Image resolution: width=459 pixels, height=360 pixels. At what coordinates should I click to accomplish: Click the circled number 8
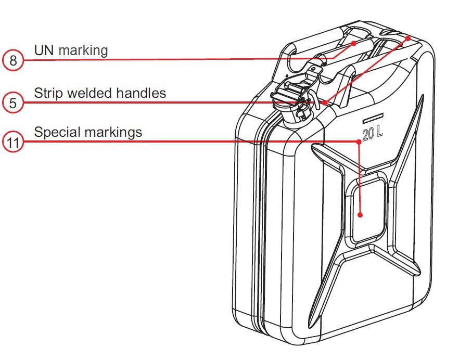pyautogui.click(x=13, y=61)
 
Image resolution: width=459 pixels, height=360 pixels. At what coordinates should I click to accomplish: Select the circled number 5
pyautogui.click(x=13, y=102)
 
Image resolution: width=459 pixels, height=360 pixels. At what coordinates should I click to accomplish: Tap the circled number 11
pyautogui.click(x=13, y=142)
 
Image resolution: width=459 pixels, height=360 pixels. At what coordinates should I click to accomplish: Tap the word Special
pyautogui.click(x=55, y=133)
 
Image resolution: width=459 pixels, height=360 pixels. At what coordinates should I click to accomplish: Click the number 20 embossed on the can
pyautogui.click(x=368, y=133)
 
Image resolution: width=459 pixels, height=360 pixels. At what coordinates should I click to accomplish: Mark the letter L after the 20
pyautogui.click(x=380, y=133)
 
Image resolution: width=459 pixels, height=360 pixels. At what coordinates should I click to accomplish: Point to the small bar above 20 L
pyautogui.click(x=373, y=115)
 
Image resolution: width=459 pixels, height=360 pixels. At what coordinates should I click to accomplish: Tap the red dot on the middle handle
pyautogui.click(x=354, y=43)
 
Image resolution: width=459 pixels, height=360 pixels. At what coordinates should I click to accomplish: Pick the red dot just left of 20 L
pyautogui.click(x=359, y=140)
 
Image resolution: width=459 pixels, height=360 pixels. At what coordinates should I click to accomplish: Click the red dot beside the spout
pyautogui.click(x=325, y=102)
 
